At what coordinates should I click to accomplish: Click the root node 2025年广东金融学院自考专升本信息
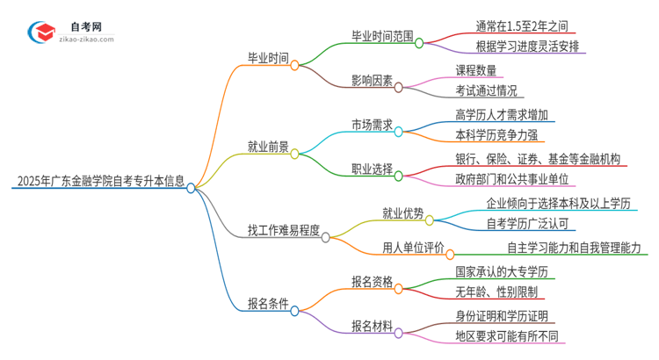[x=98, y=183]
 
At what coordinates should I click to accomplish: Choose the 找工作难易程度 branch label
[x=283, y=232]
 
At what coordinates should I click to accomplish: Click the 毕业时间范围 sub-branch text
[x=380, y=36]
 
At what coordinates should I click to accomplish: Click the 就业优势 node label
[x=402, y=212]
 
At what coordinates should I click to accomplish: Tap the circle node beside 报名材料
[x=399, y=333]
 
